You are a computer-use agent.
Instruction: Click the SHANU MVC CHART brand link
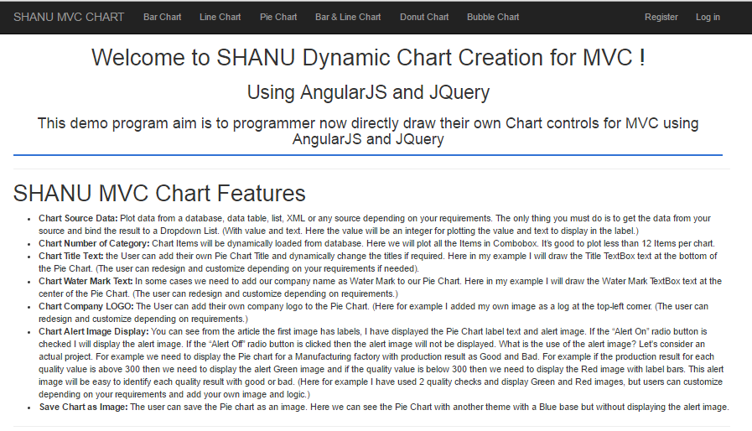point(69,18)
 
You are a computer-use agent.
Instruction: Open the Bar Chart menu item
point(162,18)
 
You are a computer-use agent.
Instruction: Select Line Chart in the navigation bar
point(220,18)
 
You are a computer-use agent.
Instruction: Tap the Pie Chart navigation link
point(278,18)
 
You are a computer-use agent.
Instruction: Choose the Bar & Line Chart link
point(348,18)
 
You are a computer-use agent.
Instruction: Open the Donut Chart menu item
point(424,18)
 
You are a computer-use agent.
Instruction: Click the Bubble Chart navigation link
point(493,18)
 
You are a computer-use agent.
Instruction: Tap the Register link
point(661,18)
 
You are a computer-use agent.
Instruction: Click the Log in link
point(708,18)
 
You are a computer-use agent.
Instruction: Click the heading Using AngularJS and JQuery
point(368,92)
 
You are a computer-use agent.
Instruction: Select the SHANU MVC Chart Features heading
point(159,194)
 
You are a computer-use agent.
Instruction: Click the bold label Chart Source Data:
point(78,218)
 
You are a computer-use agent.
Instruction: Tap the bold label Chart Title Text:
point(71,256)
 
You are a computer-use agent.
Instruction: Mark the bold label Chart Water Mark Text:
point(86,281)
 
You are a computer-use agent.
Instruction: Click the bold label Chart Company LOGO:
point(86,306)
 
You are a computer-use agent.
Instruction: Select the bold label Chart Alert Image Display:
point(94,331)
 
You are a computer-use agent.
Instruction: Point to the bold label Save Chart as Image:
point(84,407)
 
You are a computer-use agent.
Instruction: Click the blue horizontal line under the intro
point(368,155)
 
